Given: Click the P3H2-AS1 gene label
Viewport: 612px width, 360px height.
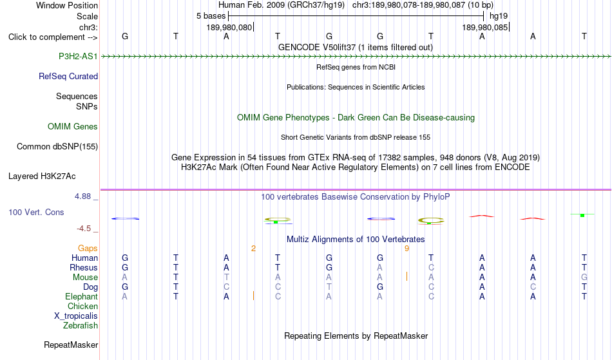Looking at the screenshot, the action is pos(78,57).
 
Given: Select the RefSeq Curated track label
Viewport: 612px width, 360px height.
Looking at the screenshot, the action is pos(68,77).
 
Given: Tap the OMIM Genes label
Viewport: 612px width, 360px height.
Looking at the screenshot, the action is pos(73,127).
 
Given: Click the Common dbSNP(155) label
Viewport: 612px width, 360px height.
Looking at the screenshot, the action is pos(57,147).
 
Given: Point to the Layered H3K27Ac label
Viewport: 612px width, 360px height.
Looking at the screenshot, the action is pos(42,176).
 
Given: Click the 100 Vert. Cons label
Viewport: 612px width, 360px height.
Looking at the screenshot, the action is pos(36,212).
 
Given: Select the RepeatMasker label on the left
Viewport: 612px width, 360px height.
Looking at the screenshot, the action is pos(71,345).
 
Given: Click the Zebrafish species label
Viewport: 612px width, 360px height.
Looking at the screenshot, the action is pos(81,326).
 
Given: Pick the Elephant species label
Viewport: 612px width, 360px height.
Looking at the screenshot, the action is pos(82,297).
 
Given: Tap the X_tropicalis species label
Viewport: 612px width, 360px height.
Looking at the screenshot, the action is pos(76,316).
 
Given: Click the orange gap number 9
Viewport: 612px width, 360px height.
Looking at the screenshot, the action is pos(406,249).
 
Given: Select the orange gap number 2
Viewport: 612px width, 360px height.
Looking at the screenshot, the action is pos(253,249).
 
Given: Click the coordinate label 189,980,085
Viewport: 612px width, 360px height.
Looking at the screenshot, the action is pos(484,28).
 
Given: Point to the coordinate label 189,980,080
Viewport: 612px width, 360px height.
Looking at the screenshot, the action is pos(229,28).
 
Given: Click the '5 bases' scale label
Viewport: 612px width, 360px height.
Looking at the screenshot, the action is pos(211,16).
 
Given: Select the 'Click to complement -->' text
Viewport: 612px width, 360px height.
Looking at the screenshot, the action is pos(53,37).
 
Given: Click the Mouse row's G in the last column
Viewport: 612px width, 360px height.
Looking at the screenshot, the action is pos(584,278).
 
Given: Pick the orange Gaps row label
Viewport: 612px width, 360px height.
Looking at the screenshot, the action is pos(88,249).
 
